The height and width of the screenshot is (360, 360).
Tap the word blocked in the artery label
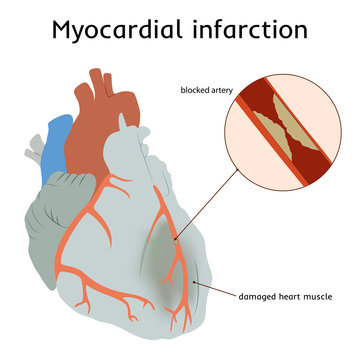click(196, 90)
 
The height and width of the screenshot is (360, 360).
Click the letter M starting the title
click(66, 29)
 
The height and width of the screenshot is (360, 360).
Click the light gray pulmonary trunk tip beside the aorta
click(125, 126)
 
